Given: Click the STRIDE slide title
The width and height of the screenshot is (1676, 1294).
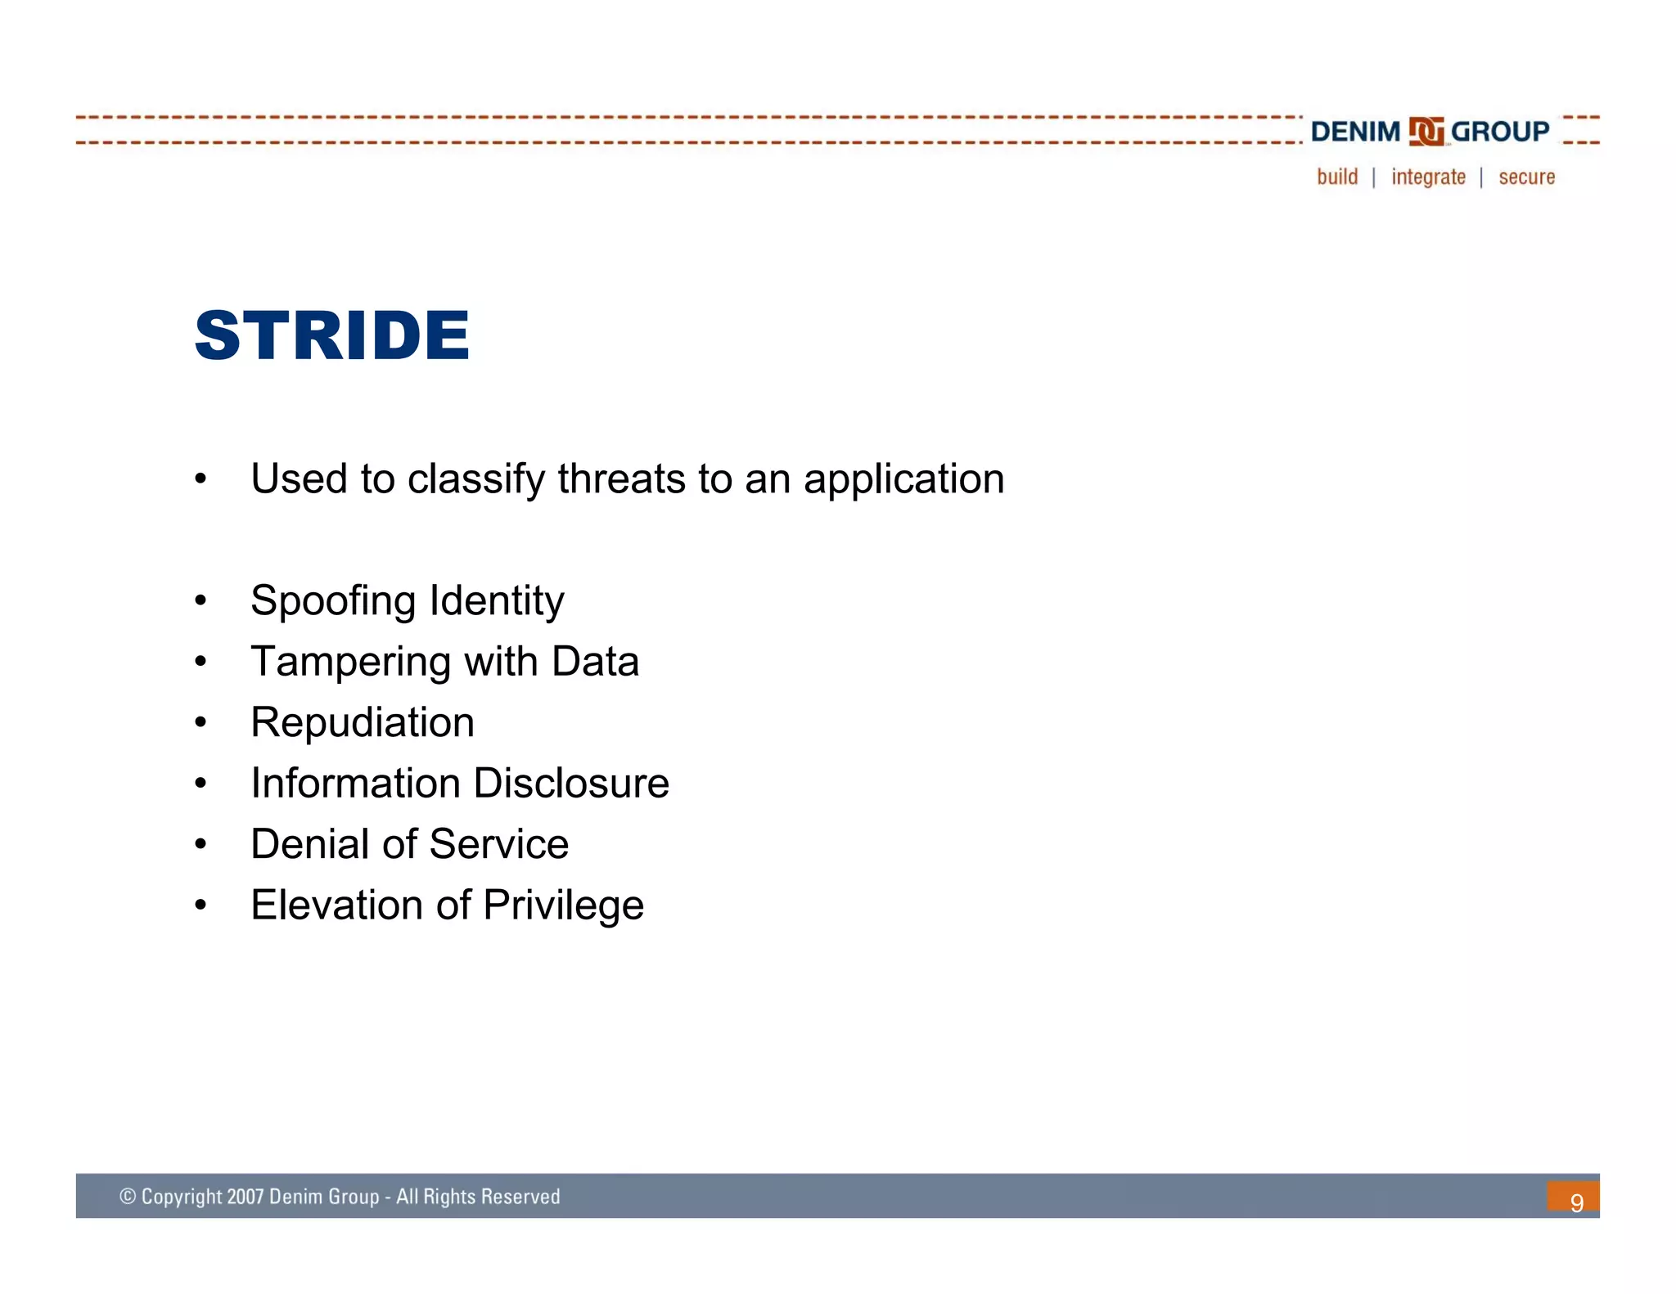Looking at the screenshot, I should pos(331,335).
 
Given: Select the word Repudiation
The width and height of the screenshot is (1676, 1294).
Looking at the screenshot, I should pos(363,723).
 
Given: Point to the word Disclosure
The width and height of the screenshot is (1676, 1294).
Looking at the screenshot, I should pos(571,784).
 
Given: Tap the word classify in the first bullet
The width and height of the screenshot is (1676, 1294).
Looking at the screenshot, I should pos(476,480).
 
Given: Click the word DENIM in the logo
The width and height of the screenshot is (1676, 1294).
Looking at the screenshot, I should pos(1355,132).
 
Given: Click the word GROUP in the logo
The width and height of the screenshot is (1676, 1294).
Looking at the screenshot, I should pos(1499,132).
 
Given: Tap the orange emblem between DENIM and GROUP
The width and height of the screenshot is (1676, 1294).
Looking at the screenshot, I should pos(1426,132).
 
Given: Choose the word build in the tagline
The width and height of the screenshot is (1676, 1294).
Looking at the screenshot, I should pos(1337,177).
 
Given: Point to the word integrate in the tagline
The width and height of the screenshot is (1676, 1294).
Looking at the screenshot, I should pos(1428,177).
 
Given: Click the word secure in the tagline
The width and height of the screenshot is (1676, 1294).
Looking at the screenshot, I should pos(1526,177).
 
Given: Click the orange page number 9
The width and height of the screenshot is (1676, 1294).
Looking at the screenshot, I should pos(1575,1201).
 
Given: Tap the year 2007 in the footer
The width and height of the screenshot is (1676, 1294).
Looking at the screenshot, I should pos(245,1197).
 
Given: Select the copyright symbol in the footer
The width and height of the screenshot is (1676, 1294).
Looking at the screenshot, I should pos(128,1197).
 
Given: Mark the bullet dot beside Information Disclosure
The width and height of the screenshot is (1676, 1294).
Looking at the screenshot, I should pos(200,784).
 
